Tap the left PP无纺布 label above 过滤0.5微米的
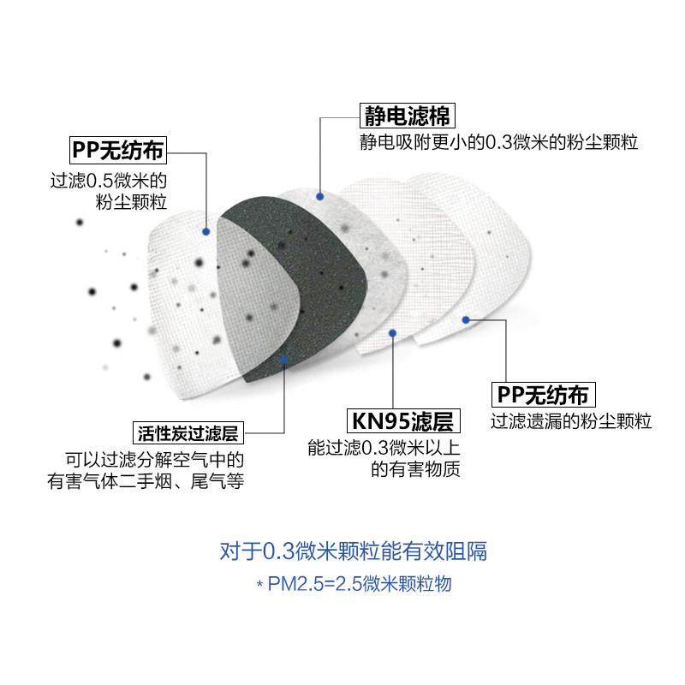(x=118, y=152)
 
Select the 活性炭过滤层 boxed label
(x=188, y=431)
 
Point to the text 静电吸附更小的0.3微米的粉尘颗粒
(x=498, y=142)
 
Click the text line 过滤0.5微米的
(x=108, y=181)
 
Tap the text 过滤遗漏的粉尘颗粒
(x=571, y=421)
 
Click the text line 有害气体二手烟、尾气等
(x=146, y=482)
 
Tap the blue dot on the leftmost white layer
(x=205, y=231)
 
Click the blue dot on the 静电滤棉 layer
(x=319, y=196)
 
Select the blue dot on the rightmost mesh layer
(x=466, y=320)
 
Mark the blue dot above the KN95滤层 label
(x=392, y=332)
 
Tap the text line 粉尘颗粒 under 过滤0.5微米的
(x=132, y=203)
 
